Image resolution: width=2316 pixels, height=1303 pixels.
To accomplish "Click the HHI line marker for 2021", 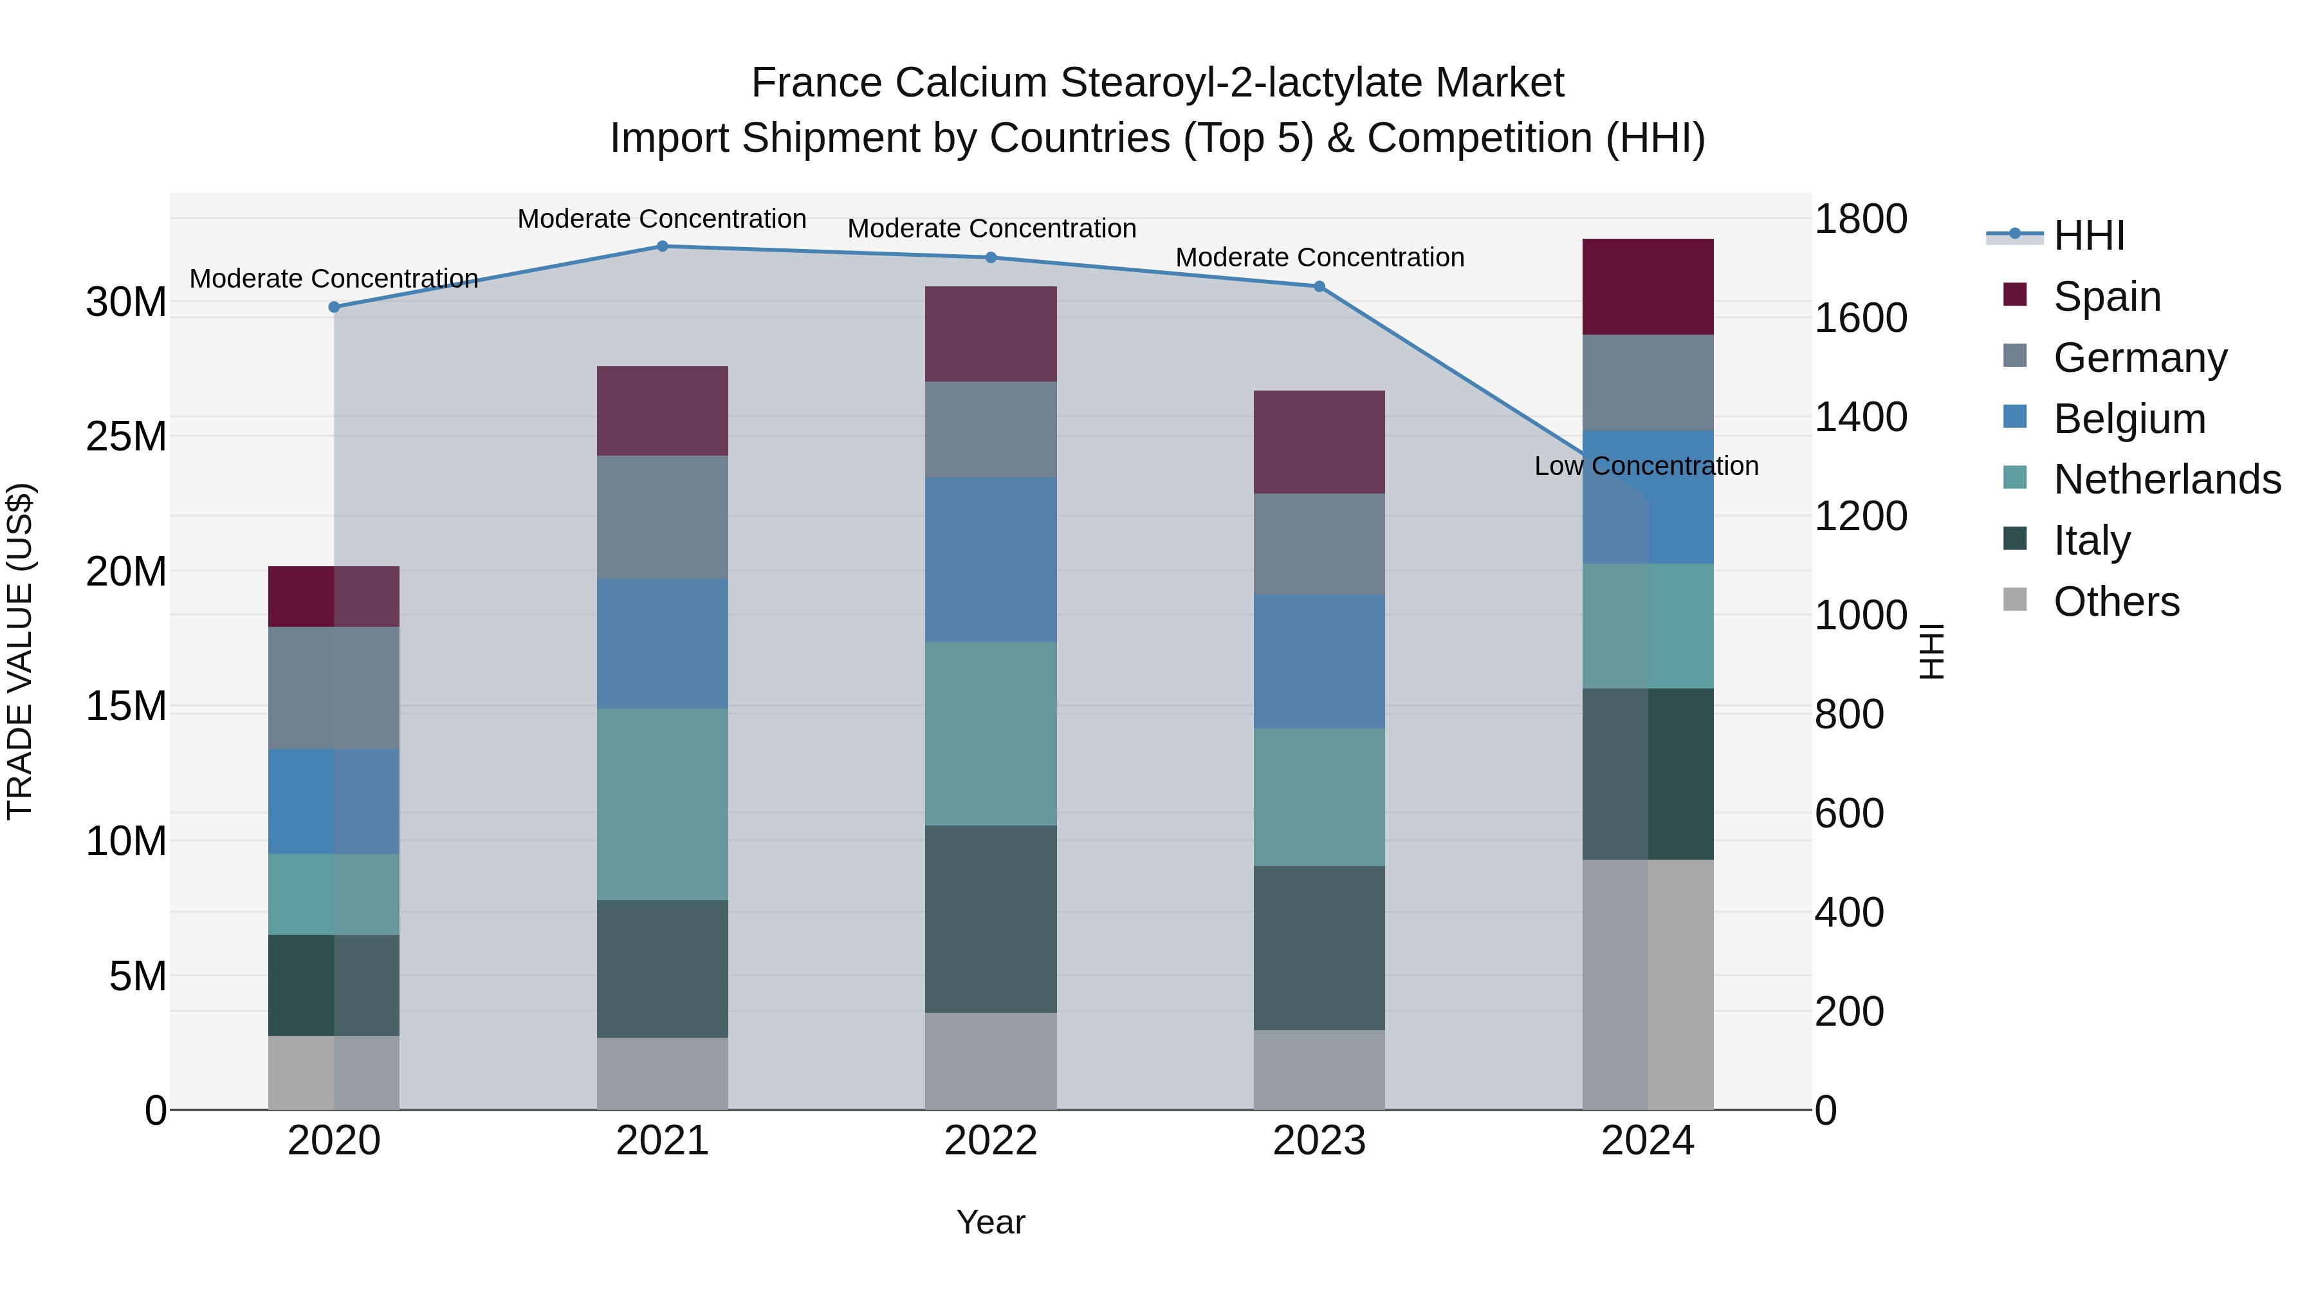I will [662, 246].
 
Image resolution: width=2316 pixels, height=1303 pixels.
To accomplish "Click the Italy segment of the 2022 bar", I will [991, 919].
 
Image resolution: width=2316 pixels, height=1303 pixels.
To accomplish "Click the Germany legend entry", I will [2140, 358].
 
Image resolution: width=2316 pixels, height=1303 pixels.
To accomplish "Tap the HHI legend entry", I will [2088, 236].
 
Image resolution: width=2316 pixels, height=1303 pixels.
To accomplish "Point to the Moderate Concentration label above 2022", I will [991, 228].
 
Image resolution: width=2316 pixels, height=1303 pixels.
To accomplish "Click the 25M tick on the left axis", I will [126, 437].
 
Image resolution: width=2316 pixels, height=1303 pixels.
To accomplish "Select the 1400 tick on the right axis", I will [1860, 417].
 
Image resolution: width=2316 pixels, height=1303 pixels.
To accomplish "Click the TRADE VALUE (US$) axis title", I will [20, 651].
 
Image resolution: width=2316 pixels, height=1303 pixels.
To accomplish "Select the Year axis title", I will [991, 1222].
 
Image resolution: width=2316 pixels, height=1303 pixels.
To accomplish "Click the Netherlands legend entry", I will [2167, 479].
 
